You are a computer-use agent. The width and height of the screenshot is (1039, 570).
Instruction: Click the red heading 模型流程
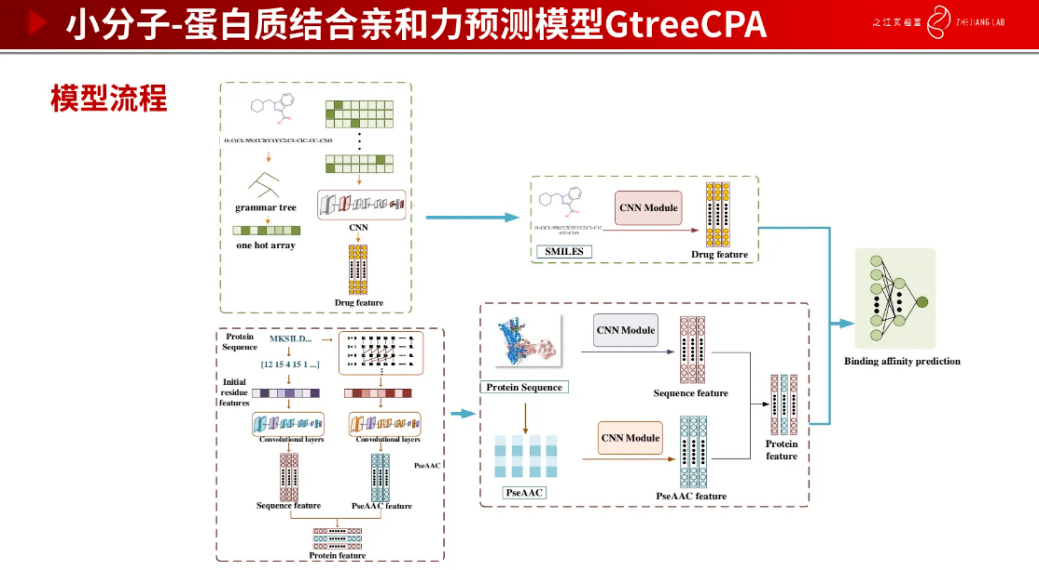point(109,99)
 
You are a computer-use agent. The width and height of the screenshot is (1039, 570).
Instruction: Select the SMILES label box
point(563,251)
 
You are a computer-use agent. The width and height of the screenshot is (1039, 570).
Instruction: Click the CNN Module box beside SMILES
point(648,208)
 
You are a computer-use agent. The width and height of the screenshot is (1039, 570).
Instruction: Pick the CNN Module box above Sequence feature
point(625,330)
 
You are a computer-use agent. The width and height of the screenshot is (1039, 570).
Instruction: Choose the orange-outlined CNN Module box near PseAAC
point(630,437)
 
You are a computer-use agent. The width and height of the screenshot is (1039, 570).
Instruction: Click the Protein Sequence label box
point(525,387)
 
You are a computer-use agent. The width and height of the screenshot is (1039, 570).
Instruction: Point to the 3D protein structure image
point(526,345)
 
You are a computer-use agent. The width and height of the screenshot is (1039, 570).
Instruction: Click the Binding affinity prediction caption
point(902,361)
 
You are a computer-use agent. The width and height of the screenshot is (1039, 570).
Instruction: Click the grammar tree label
point(266,208)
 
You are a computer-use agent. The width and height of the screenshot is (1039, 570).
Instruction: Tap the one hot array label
point(266,245)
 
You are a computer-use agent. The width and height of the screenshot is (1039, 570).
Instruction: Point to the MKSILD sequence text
point(291,340)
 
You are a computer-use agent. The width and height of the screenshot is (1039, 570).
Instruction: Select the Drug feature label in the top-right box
point(719,254)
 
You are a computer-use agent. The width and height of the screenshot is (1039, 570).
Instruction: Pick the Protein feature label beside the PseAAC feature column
point(781,450)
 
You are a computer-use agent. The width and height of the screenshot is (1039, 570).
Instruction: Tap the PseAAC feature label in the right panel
point(691,496)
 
